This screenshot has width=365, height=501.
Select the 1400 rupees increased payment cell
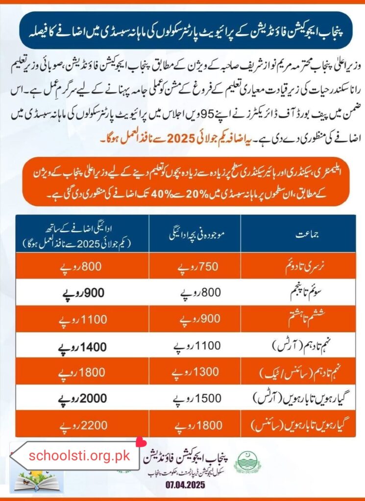click(73, 348)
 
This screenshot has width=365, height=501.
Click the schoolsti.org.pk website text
click(79, 456)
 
